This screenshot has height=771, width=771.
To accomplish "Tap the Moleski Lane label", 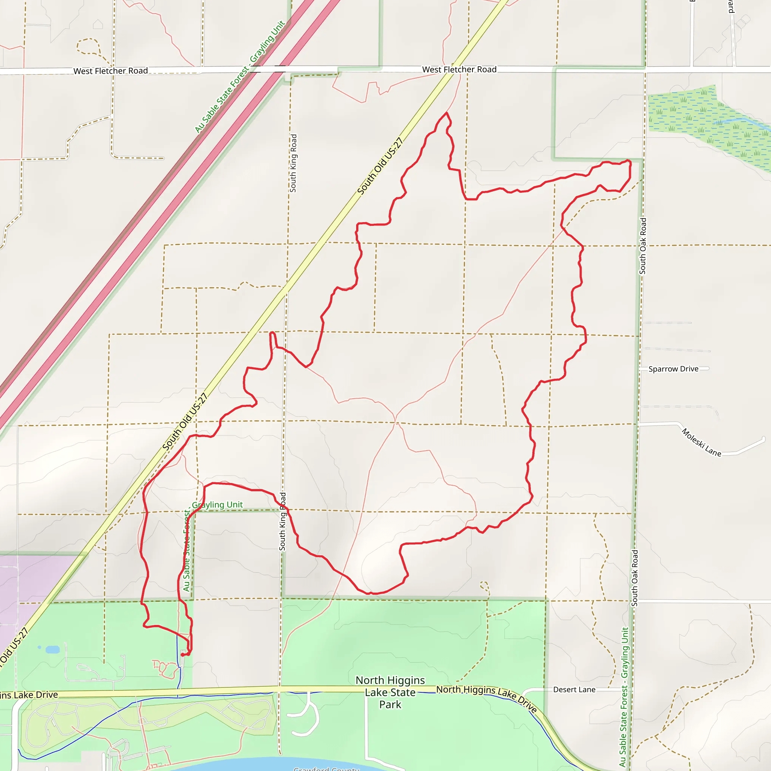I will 701,442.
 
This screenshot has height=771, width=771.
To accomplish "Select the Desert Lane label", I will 574,690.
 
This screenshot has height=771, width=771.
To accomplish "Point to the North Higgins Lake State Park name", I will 390,692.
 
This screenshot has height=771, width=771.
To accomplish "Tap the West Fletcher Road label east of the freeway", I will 459,69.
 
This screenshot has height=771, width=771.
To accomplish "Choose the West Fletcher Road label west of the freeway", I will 111,71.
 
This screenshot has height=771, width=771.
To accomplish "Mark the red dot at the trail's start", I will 182,654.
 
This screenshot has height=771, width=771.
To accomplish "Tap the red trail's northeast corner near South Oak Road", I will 629,161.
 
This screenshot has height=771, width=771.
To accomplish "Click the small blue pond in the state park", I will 53,650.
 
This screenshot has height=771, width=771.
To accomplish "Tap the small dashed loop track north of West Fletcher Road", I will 88,46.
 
